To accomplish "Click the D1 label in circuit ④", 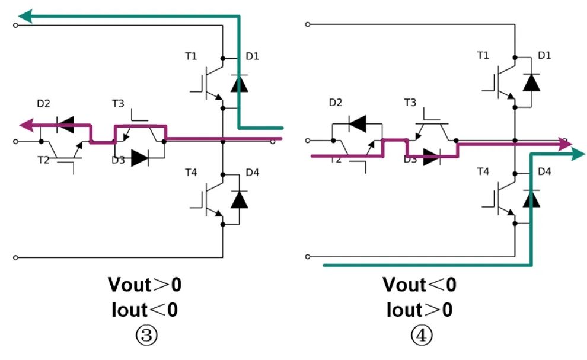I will tap(545, 56).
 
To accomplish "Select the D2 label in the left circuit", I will tap(44, 104).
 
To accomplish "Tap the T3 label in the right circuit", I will tap(410, 103).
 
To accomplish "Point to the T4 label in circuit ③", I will tap(191, 173).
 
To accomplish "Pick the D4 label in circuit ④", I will tap(545, 172).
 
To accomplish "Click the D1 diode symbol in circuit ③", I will tap(240, 84).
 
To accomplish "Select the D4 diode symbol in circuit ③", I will tap(240, 199).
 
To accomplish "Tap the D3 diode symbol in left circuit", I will tap(139, 158).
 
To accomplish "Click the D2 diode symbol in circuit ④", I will tap(357, 124).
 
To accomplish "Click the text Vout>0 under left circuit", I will tap(145, 285).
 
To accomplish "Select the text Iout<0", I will tap(145, 309).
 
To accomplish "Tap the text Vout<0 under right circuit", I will tap(419, 285).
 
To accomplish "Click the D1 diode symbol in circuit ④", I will tap(532, 82).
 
